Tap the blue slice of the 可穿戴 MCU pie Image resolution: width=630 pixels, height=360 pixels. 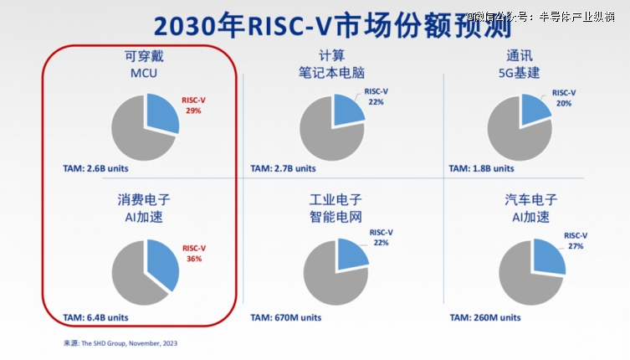point(161,114)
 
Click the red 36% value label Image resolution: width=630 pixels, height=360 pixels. point(193,259)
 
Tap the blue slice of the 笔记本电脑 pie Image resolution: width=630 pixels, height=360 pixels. point(346,109)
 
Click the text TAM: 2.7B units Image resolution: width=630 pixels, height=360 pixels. point(284,167)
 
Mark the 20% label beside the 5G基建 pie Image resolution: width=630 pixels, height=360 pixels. point(565,103)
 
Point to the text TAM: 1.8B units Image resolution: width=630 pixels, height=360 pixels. point(483,167)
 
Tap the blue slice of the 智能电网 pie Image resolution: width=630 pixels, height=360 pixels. point(351,253)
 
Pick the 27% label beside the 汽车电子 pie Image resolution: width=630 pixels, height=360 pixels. point(575,247)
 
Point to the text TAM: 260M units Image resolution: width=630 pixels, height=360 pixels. point(485,317)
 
